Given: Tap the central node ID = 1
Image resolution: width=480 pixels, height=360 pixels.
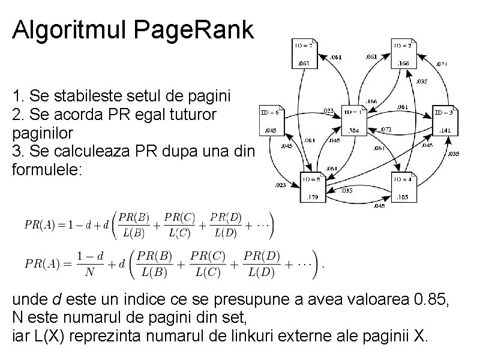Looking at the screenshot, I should click(x=355, y=119).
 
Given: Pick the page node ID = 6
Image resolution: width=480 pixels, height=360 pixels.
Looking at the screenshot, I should click(x=271, y=121).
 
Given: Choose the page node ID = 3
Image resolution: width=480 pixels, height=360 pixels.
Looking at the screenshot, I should click(x=445, y=120).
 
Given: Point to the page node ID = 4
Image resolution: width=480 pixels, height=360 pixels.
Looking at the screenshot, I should click(x=404, y=187).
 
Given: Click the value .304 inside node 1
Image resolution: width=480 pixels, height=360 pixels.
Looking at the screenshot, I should click(x=354, y=130).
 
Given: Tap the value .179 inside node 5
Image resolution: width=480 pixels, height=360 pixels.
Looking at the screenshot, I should click(x=313, y=197).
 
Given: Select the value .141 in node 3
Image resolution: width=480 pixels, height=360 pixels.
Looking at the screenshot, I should click(x=445, y=130).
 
